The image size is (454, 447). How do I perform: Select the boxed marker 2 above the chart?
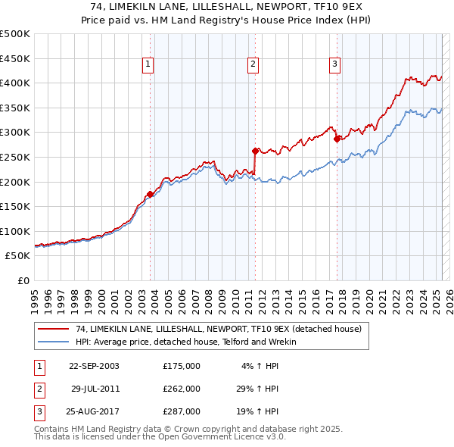click(253, 65)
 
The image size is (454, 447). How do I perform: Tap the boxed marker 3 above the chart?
click(334, 65)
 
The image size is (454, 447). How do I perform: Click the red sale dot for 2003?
click(151, 194)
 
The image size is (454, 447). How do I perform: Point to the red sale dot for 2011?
click(256, 151)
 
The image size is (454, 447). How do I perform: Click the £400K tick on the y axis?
click(16, 83)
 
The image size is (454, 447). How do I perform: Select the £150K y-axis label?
click(16, 206)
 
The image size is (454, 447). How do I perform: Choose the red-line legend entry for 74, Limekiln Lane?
click(219, 329)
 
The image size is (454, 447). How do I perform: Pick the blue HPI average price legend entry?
click(185, 342)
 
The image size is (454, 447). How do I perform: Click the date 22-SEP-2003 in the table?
click(94, 366)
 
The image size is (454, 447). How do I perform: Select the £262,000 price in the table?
click(182, 389)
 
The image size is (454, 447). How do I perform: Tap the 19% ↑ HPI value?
click(257, 411)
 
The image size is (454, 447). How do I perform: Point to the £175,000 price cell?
click(182, 366)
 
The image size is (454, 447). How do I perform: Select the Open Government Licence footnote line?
click(160, 437)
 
